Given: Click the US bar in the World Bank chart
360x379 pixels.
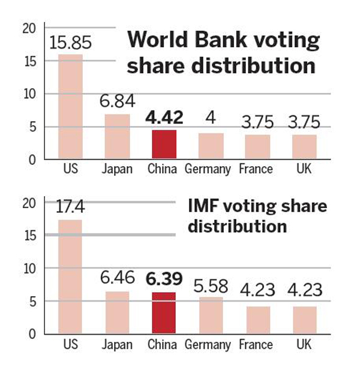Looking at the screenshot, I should pos(70,107).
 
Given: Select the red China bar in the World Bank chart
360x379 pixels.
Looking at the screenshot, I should pos(164,145).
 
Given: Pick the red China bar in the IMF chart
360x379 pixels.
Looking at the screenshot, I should pos(164,313).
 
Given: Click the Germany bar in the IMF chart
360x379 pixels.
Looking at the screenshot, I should pos(211,315).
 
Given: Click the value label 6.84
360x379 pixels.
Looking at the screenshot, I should pos(117,101).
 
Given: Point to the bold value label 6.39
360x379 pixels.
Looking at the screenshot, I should pos(163,279).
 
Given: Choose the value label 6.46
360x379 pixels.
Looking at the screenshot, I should pos(117,279).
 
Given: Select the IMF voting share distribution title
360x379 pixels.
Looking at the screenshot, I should pos(257,216).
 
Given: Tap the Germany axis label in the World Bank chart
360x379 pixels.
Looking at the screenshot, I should pos(208,170).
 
